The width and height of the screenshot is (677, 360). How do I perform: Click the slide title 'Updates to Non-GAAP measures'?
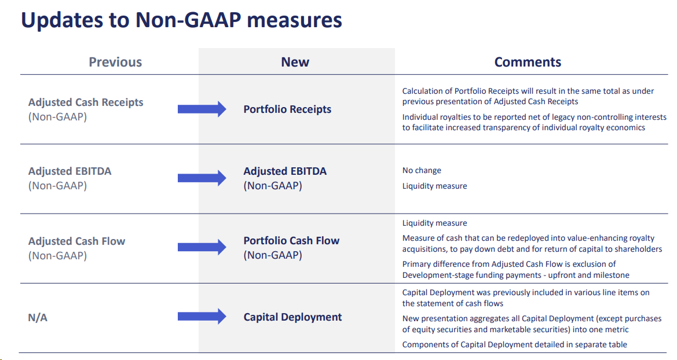click(181, 20)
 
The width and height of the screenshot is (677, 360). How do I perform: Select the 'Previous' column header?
click(115, 62)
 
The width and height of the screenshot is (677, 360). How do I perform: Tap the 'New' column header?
click(295, 62)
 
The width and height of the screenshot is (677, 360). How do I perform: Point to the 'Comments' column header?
click(527, 62)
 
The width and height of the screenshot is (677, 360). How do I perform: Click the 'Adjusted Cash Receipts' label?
click(85, 102)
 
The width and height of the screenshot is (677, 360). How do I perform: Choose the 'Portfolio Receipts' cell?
click(287, 109)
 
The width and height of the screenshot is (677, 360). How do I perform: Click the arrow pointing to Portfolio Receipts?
click(201, 109)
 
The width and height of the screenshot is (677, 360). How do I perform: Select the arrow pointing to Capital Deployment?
click(201, 317)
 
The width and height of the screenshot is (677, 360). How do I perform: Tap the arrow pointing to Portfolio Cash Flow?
click(201, 247)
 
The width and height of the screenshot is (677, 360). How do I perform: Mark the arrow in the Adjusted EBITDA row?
click(201, 178)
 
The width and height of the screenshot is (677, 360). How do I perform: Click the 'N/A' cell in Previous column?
click(38, 317)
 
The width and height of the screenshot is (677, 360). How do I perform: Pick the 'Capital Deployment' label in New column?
click(292, 317)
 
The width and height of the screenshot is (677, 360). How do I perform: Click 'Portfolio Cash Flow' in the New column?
click(291, 241)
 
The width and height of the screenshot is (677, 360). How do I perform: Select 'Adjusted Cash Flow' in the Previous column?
click(76, 241)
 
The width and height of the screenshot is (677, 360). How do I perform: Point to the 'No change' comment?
click(422, 171)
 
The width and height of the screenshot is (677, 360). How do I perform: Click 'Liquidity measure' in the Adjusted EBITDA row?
click(434, 186)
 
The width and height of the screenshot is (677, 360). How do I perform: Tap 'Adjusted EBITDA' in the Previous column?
click(69, 171)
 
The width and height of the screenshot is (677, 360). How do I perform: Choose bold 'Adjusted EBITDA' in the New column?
click(285, 171)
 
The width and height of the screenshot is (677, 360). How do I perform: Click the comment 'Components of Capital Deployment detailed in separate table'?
click(514, 344)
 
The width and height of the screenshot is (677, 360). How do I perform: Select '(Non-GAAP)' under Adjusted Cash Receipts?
click(57, 116)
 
